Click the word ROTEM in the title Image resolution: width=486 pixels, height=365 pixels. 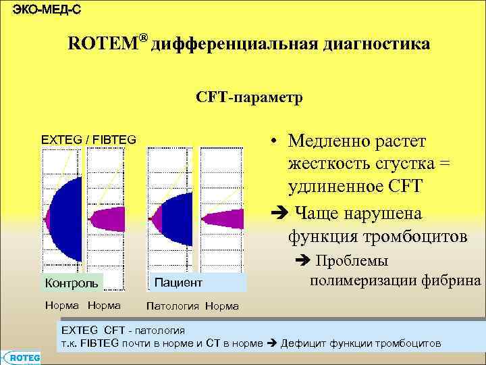(x=103, y=45)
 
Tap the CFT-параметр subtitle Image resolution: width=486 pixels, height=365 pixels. (x=250, y=98)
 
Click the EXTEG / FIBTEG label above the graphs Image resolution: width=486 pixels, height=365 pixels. (x=88, y=140)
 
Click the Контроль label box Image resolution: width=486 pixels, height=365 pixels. (x=73, y=281)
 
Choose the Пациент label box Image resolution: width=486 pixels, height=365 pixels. (x=178, y=281)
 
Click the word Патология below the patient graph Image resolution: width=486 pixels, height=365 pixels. (x=173, y=306)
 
